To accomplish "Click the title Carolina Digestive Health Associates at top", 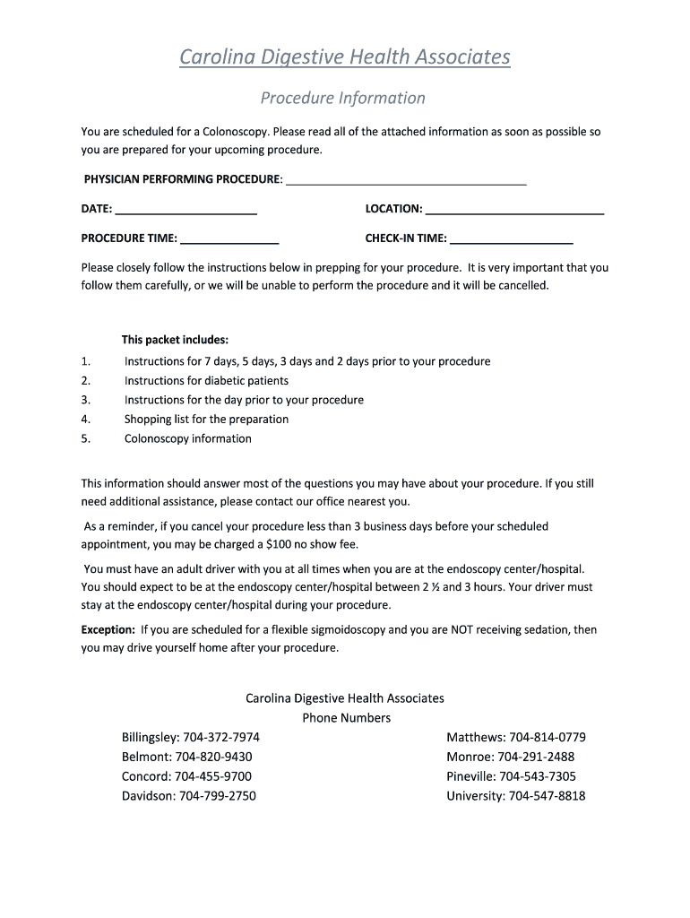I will [345, 57].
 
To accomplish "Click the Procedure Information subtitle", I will [342, 98].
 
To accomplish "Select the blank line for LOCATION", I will [514, 209].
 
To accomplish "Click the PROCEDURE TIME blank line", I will [229, 238].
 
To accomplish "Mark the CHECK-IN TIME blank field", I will [511, 238].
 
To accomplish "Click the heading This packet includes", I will [175, 340].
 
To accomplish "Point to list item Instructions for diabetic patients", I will [206, 381].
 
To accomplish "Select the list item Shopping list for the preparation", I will [206, 419].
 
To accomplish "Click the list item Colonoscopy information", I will [188, 438].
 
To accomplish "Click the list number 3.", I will [85, 400].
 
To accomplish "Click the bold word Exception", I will [108, 629].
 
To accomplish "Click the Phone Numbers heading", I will [346, 717].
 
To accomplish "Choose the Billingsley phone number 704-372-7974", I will [221, 737].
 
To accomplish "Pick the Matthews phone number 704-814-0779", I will [548, 737].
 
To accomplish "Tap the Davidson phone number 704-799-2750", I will [218, 795].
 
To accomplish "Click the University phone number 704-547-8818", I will [547, 795].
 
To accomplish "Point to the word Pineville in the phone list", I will [470, 776].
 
